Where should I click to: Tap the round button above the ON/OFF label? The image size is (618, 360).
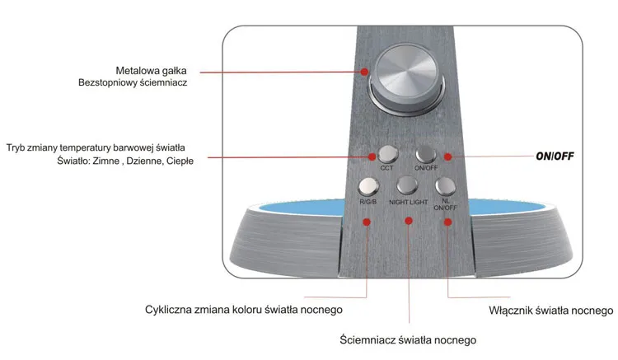click(425, 153)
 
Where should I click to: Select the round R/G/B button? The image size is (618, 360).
click(368, 185)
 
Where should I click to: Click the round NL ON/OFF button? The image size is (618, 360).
click(445, 185)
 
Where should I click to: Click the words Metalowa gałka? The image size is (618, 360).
click(150, 68)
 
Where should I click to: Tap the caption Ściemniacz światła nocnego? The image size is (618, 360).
click(408, 339)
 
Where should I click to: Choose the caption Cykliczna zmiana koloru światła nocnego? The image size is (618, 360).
click(243, 311)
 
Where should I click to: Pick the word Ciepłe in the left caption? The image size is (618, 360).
click(179, 161)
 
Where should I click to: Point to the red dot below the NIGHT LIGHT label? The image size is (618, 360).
click(408, 220)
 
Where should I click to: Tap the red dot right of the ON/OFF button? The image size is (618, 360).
click(447, 156)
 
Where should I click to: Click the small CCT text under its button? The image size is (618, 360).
click(386, 168)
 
